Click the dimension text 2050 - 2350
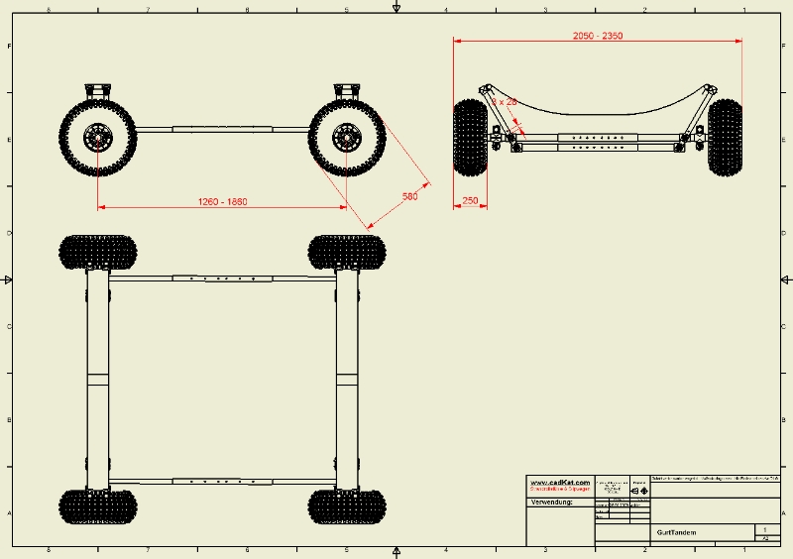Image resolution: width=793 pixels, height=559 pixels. pos(598,35)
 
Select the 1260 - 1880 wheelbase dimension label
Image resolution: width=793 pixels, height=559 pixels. pos(222,201)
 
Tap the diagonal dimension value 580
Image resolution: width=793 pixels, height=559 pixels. pos(409,196)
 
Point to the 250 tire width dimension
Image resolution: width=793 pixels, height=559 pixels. pos(470,200)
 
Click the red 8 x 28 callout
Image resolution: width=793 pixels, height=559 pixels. pos(505,101)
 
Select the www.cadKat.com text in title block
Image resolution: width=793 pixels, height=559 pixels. pos(559,482)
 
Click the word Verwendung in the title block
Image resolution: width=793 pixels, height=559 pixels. pos(552,503)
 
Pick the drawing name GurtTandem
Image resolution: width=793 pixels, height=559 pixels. pos(676,533)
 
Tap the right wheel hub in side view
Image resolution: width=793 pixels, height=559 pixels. pos(347,137)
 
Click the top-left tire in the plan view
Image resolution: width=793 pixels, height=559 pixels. pos(97,252)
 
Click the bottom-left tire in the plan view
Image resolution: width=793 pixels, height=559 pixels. pos(97,505)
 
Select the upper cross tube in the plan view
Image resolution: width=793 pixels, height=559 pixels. pos(222,279)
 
